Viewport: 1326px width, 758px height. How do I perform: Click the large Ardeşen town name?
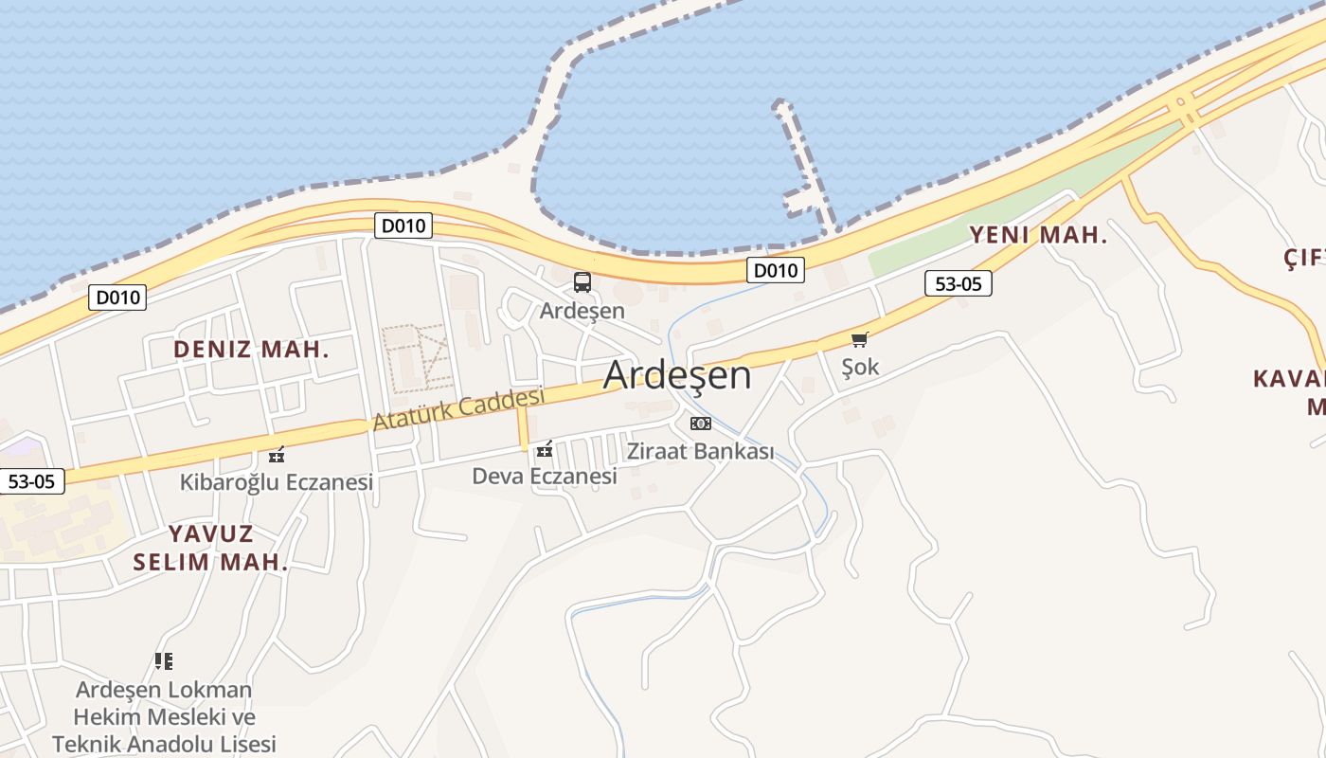coord(677,375)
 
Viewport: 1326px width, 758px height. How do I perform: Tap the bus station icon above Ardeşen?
coord(582,281)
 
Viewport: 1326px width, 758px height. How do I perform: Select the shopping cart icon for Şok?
coord(859,339)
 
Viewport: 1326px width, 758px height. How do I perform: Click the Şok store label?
coord(860,367)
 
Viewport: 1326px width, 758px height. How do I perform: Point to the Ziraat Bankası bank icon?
coord(701,423)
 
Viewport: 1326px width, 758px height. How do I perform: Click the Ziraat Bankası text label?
coord(700,451)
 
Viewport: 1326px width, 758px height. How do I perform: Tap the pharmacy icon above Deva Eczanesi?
coord(544,449)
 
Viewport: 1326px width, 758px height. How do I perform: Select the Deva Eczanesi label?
coord(545,476)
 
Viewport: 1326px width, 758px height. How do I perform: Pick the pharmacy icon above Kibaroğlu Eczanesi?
coord(277,455)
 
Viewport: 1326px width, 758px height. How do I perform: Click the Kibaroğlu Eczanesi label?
coord(277,482)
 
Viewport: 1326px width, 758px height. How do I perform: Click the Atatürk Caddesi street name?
coord(458,408)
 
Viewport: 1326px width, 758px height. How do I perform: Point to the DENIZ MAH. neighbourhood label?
coord(251,349)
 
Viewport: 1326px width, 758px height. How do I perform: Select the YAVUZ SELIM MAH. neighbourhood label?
coord(210,547)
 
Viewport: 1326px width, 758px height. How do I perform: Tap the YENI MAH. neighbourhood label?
coord(1038,235)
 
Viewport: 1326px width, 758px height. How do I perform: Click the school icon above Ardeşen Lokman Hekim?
coord(164,660)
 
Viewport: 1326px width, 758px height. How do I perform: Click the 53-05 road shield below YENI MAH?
coord(958,282)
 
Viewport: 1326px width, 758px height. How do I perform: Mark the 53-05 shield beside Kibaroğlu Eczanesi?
coord(31,480)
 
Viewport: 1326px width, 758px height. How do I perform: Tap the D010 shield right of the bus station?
coord(775,270)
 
